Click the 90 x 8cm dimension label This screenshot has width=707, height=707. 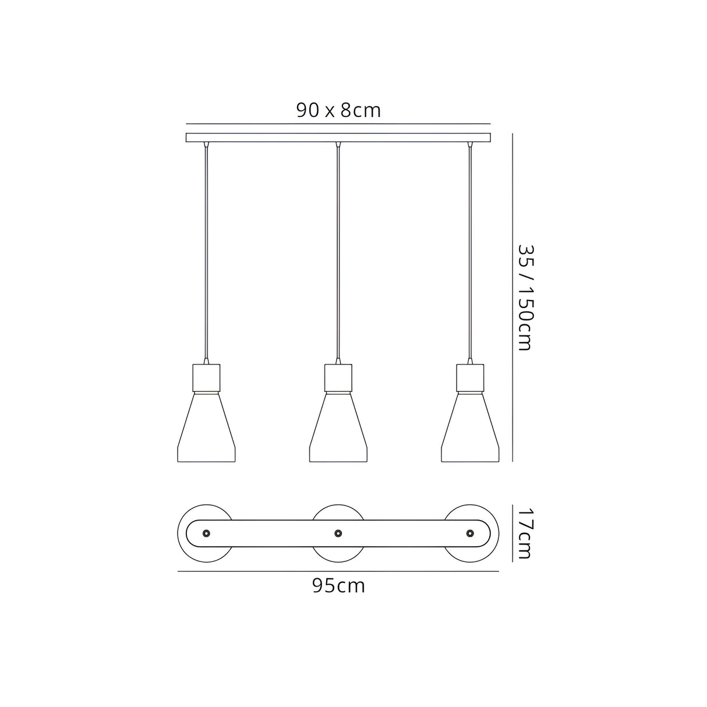pos(338,110)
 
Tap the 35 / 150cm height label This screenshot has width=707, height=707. pos(525,297)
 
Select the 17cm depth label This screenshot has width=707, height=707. pos(524,533)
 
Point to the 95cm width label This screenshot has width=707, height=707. pos(338,585)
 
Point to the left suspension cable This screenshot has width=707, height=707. pos(206,250)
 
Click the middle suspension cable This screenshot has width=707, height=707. pos(338,250)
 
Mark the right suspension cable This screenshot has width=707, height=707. pos(470,250)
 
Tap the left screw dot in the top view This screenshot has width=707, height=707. pos(206,533)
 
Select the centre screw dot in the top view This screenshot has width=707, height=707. pos(338,533)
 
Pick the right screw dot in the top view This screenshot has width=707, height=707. pos(470,533)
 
